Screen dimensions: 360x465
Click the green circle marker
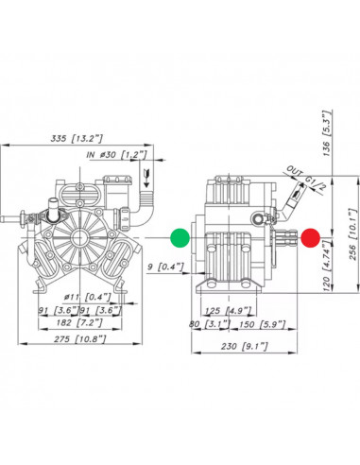pos(180,237)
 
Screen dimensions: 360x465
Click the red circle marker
pos(311,237)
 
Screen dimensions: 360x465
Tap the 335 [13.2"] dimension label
pos(77,138)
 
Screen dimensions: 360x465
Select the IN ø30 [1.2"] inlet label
pos(116,154)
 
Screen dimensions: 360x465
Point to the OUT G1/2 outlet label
pos(306,179)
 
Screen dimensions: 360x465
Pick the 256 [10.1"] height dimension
pos(352,233)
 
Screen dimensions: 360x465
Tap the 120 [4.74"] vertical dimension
pos(327,266)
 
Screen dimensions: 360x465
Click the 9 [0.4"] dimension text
pos(165,267)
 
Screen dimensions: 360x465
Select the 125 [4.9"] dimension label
pos(229,311)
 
